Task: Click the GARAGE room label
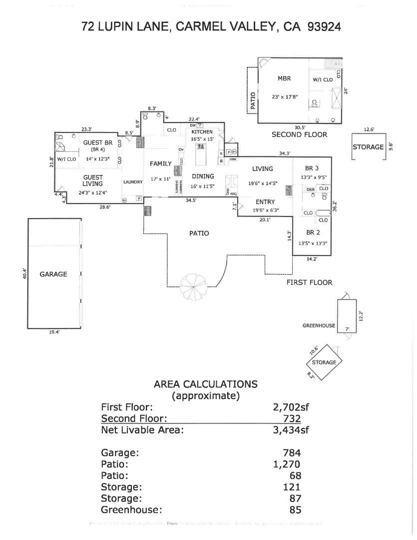point(53,274)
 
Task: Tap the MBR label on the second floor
point(284,78)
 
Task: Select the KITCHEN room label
point(202,131)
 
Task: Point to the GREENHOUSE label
point(319,325)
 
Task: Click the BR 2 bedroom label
point(314,232)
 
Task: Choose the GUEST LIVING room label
point(93,180)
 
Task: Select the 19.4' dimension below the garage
point(54,332)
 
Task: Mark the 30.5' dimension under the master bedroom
point(300,127)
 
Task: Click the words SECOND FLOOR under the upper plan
point(299,134)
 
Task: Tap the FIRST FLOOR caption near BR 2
point(309,282)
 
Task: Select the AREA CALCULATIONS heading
point(206,384)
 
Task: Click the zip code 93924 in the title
point(325,26)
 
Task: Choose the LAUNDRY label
point(133,182)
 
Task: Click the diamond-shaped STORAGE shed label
point(324,362)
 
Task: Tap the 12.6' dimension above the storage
point(369,129)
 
